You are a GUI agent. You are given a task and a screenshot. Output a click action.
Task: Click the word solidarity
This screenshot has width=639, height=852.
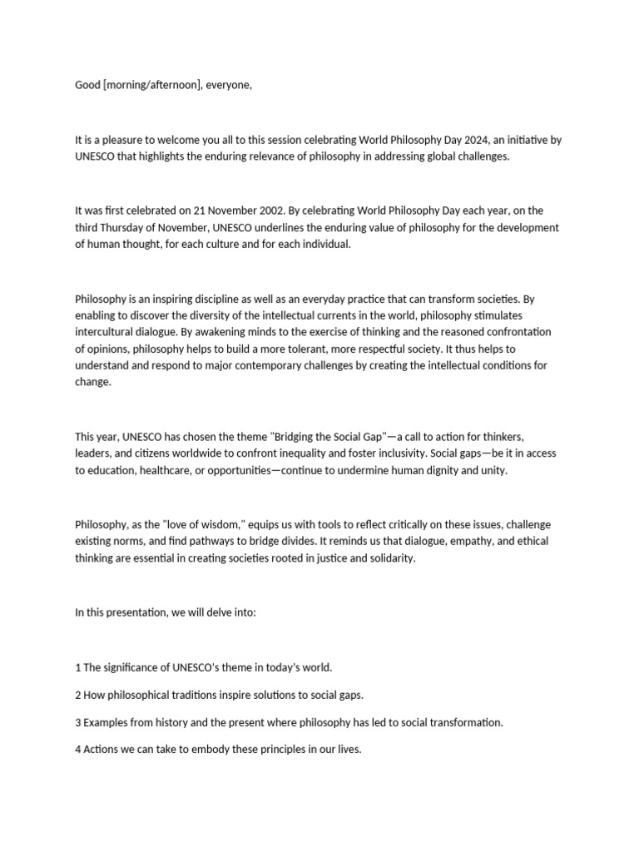coord(387,558)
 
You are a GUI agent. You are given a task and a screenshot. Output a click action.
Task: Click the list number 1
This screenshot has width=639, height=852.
coord(78,667)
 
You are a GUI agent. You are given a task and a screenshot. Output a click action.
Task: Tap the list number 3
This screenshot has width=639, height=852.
coord(78,722)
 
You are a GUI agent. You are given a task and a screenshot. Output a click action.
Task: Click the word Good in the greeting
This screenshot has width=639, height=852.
coord(87,86)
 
